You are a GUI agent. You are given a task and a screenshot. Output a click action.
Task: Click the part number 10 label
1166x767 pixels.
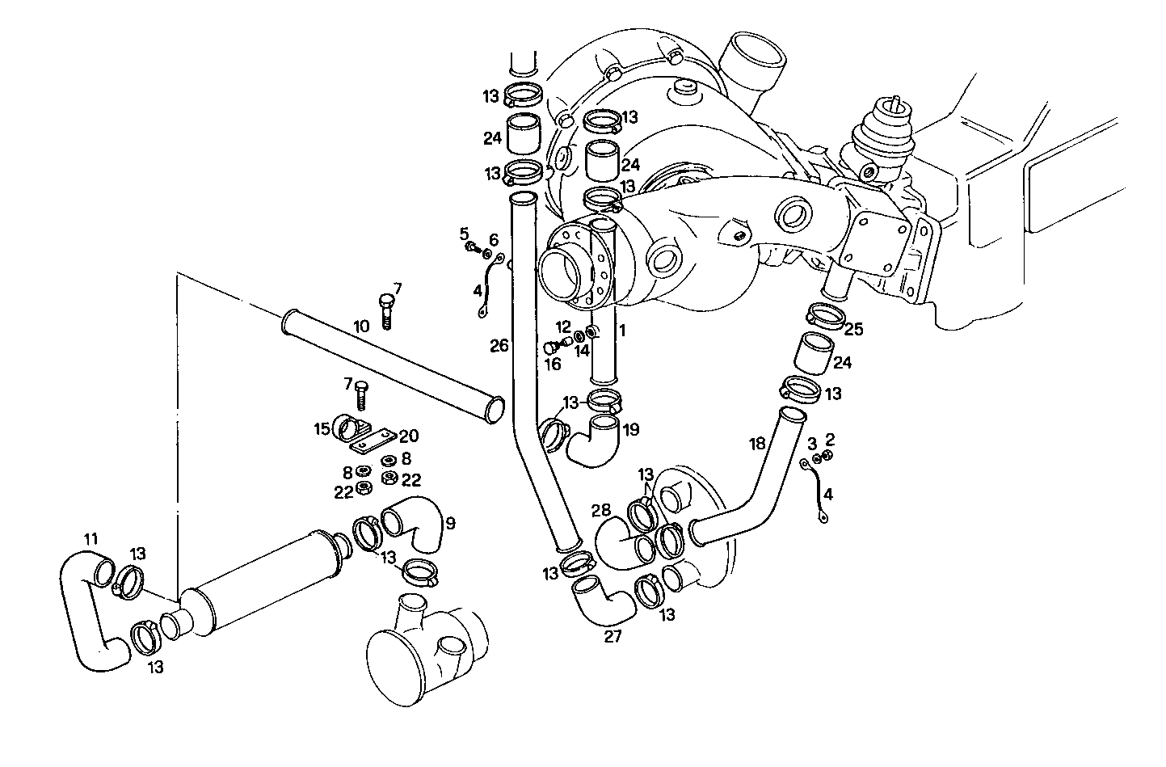[x=360, y=327]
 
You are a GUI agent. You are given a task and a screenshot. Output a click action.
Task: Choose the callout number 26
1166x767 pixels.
[x=499, y=346]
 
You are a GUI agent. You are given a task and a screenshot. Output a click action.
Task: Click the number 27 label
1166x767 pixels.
[x=613, y=637]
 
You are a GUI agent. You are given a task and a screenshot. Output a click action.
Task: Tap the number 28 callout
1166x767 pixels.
[x=600, y=511]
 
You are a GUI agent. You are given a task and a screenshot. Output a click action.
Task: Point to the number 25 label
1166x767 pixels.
[x=853, y=330]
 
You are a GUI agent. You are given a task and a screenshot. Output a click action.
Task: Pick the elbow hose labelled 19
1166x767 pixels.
[x=595, y=440]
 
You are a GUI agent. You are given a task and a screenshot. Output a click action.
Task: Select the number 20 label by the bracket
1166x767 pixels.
[x=409, y=436]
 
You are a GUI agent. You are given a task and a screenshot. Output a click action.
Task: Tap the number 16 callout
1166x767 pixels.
[x=552, y=365]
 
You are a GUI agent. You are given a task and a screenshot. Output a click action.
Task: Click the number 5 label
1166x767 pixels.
[x=465, y=234]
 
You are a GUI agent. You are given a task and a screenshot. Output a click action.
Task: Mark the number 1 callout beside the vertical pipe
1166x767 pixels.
[x=622, y=331]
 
